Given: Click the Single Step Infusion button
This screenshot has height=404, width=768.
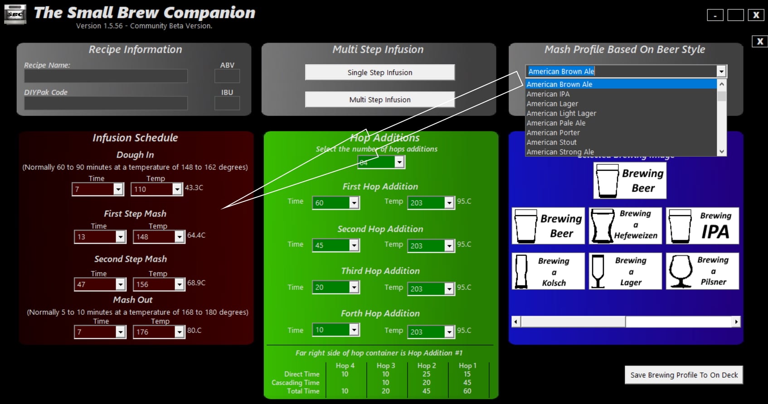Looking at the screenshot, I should pyautogui.click(x=379, y=72).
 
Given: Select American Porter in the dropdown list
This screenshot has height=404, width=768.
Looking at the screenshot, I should pyautogui.click(x=553, y=133).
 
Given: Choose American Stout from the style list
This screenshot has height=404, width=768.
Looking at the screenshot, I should pyautogui.click(x=551, y=142).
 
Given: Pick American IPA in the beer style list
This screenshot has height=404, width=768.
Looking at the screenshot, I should pyautogui.click(x=548, y=94).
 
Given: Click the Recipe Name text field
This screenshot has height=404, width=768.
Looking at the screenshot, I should pyautogui.click(x=106, y=76).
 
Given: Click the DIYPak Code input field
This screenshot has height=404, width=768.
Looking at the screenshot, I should pyautogui.click(x=106, y=103).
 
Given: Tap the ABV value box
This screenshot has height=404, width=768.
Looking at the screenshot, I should pyautogui.click(x=227, y=76).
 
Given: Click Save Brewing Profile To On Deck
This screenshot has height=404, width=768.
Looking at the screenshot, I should pyautogui.click(x=684, y=375).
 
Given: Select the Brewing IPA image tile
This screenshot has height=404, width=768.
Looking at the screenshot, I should pyautogui.click(x=702, y=226).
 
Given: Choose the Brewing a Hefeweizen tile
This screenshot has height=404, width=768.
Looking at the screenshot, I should pyautogui.click(x=625, y=226).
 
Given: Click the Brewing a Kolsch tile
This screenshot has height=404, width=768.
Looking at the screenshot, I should pyautogui.click(x=548, y=271).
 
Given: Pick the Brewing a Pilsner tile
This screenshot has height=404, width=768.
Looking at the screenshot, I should pyautogui.click(x=702, y=271).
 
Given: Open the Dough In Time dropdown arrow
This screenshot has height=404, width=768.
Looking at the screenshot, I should pyautogui.click(x=118, y=189).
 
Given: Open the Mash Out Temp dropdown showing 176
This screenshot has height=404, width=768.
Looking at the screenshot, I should pyautogui.click(x=180, y=332).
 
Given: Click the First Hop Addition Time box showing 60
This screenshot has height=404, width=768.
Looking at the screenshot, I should pyautogui.click(x=331, y=203).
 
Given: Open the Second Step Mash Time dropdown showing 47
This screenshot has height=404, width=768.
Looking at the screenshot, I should pyautogui.click(x=121, y=284).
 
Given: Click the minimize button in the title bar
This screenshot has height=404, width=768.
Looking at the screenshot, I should pyautogui.click(x=715, y=15).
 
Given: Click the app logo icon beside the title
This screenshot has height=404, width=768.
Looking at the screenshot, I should pyautogui.click(x=15, y=14).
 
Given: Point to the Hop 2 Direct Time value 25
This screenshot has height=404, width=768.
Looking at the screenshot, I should pyautogui.click(x=426, y=374).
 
